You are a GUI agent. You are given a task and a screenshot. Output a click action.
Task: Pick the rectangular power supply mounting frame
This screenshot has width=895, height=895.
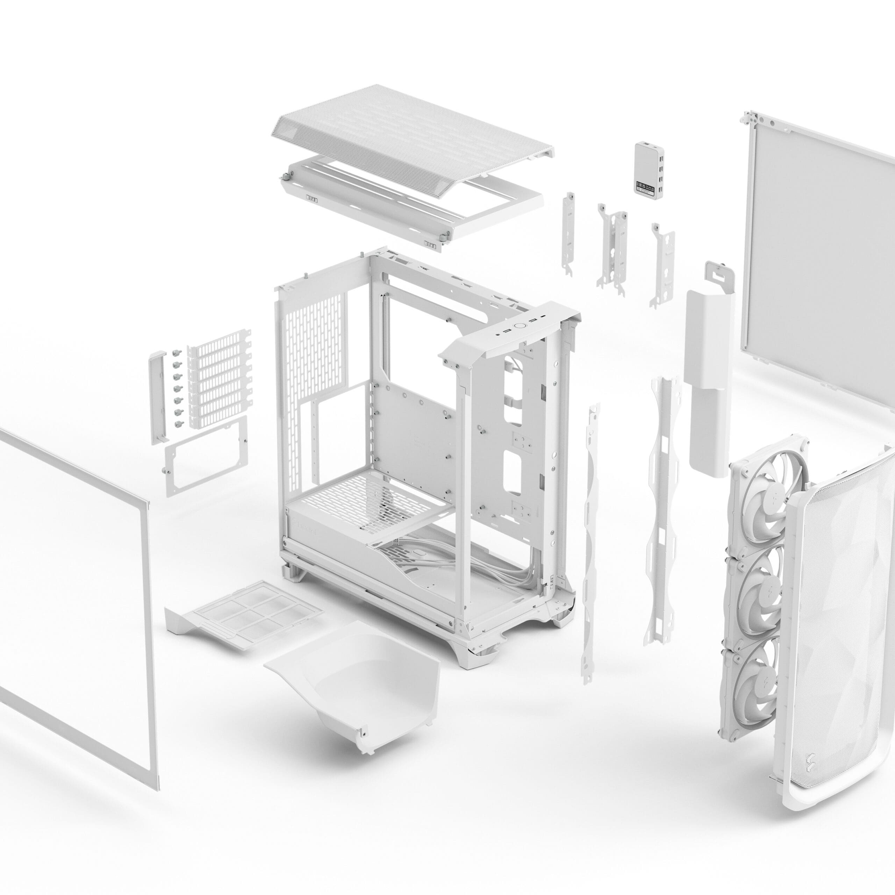(x=206, y=456)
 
